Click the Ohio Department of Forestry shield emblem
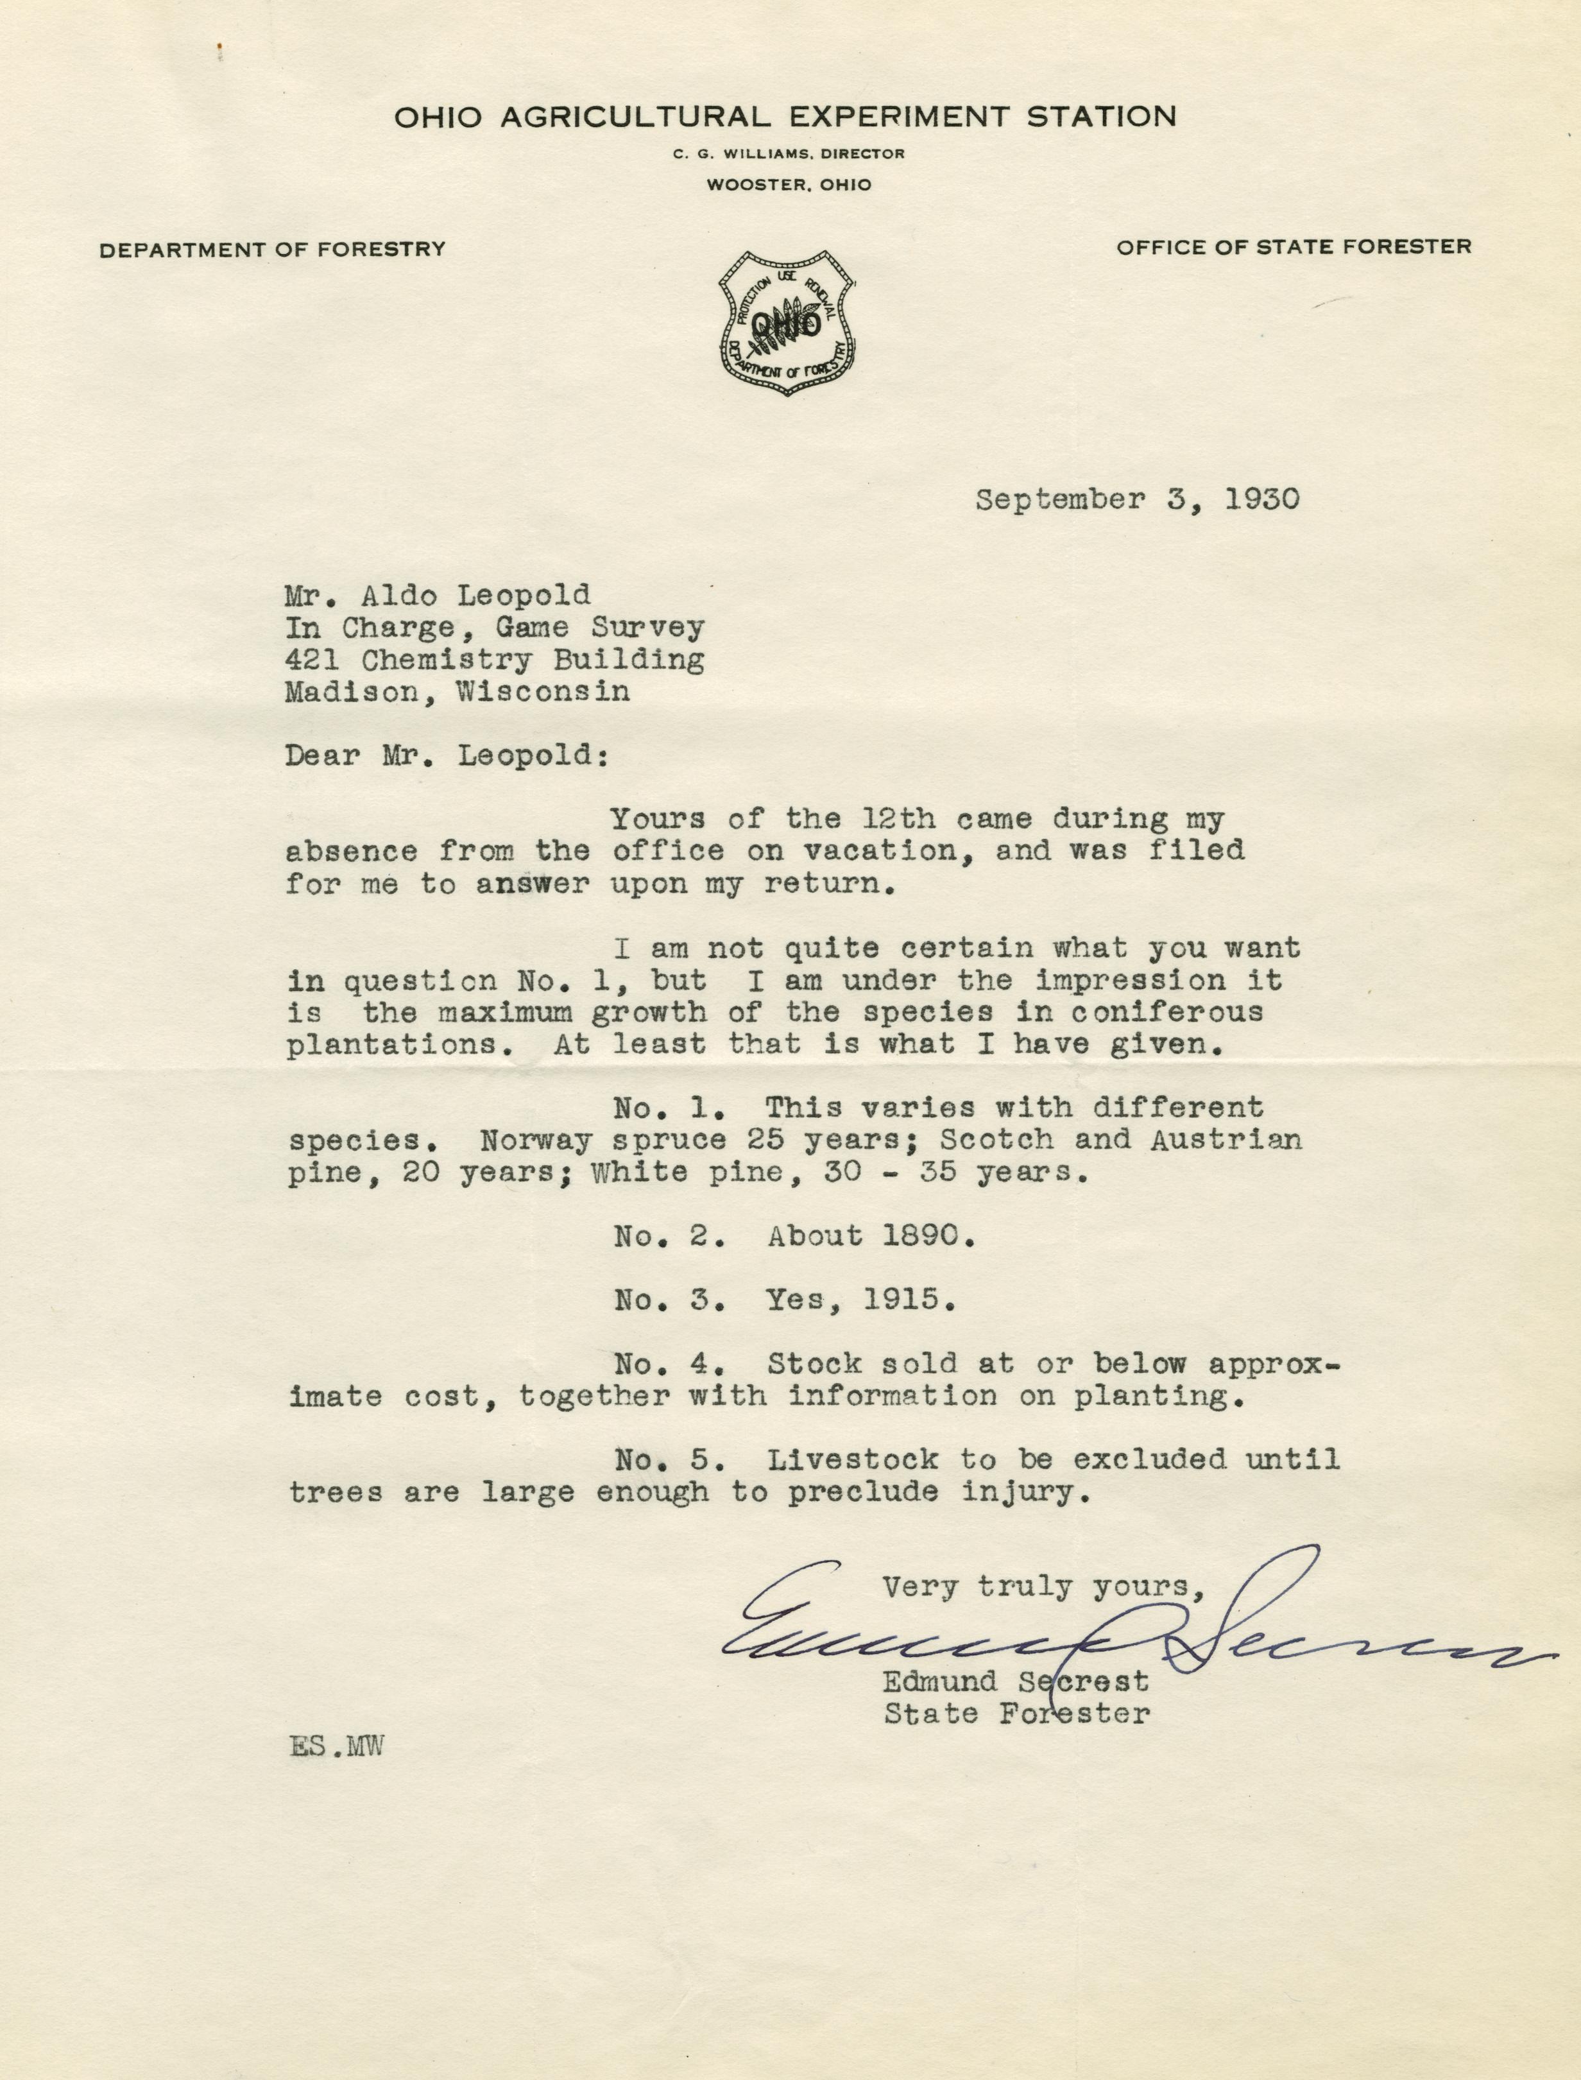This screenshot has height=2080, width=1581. [x=787, y=323]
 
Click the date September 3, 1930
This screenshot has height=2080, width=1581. [x=1137, y=500]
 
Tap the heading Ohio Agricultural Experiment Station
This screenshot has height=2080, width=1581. [x=785, y=117]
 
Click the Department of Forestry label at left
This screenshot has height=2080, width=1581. [x=273, y=250]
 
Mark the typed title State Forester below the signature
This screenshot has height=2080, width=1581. [x=1016, y=1715]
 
